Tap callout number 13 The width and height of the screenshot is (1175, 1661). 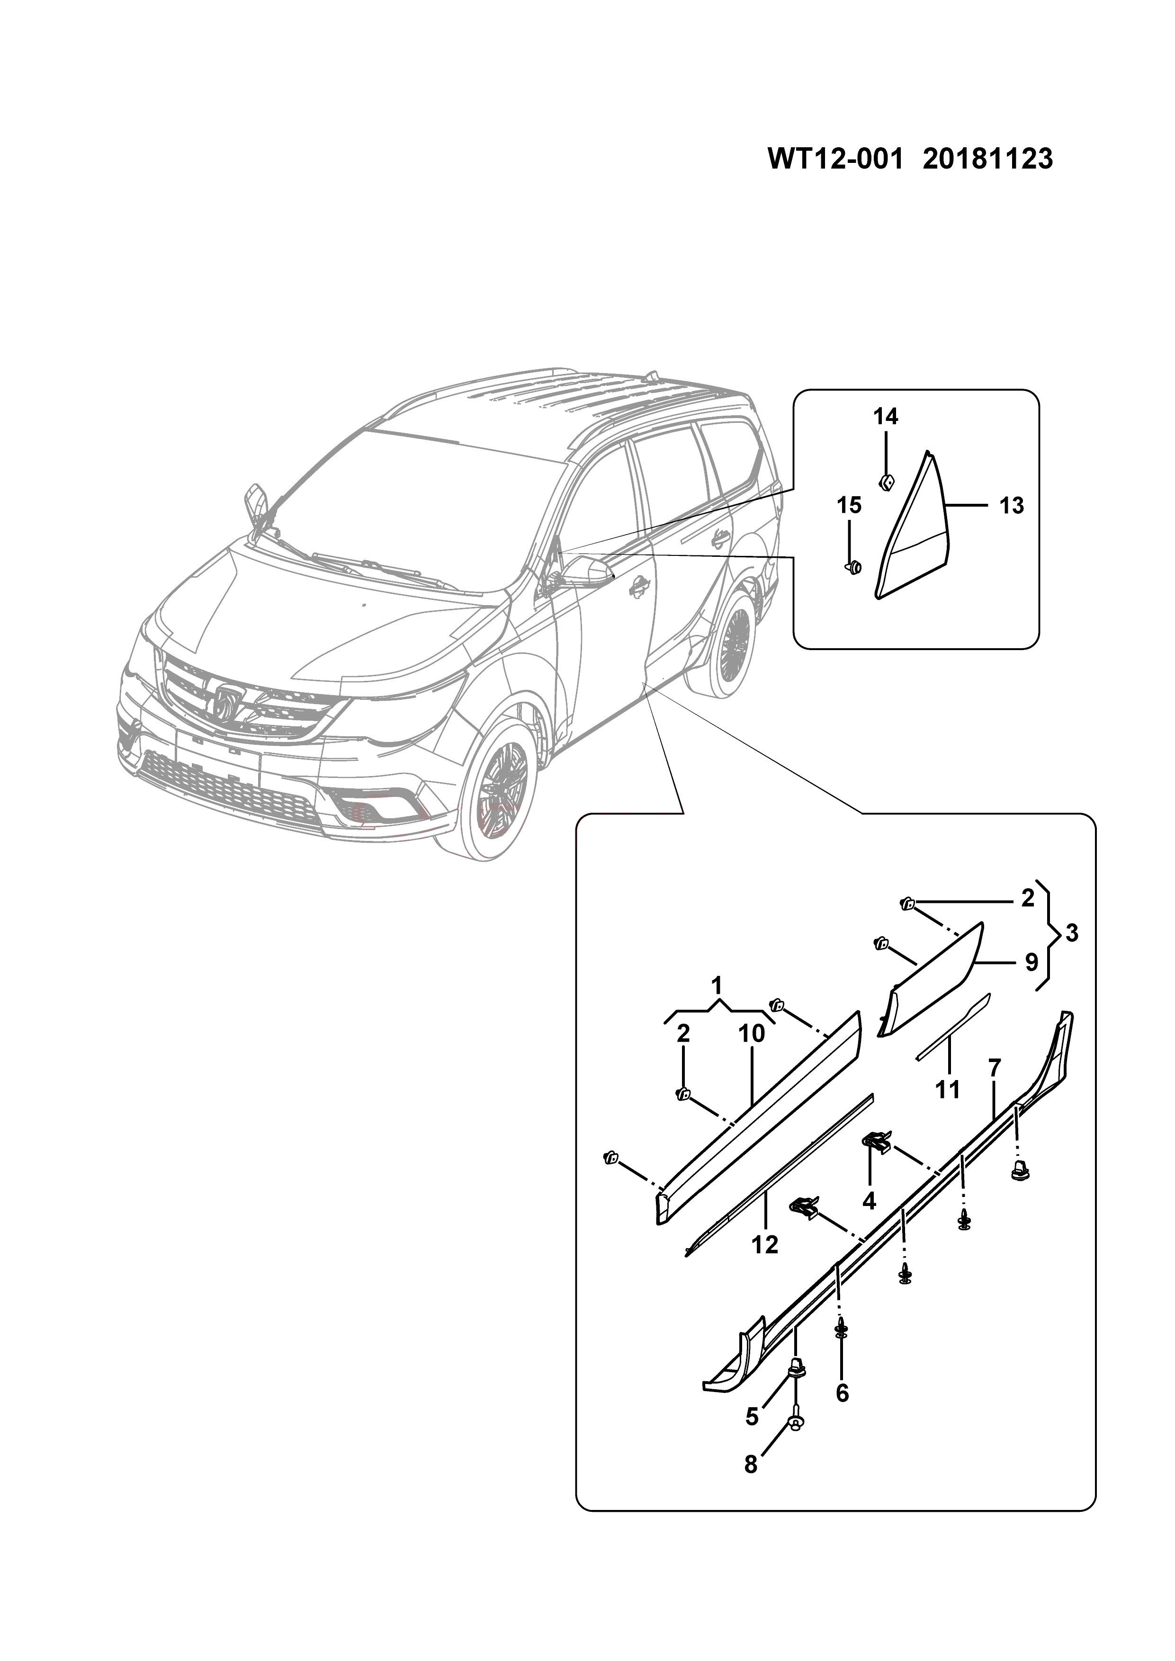(1012, 506)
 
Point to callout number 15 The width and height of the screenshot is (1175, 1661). (850, 506)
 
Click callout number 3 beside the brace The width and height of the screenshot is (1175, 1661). (1072, 933)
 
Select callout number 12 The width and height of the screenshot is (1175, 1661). (765, 1244)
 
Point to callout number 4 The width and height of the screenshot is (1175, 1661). (869, 1201)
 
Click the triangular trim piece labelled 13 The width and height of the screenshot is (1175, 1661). (913, 550)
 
